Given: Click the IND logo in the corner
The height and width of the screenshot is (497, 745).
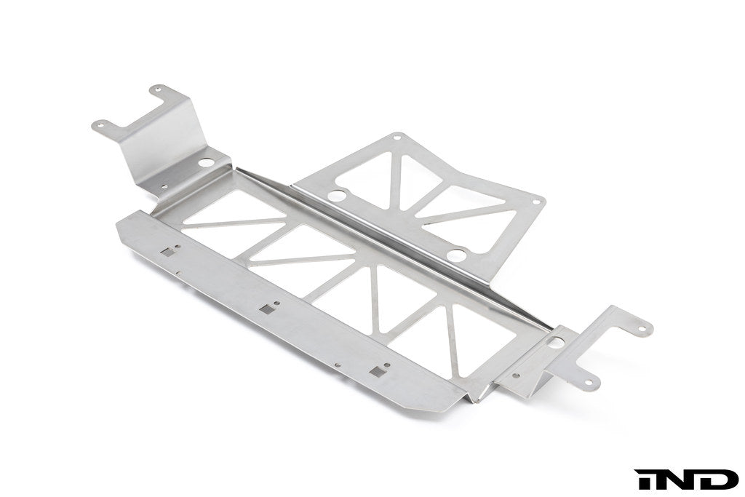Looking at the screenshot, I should [686, 480].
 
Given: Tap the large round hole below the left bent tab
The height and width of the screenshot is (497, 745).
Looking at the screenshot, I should [206, 162].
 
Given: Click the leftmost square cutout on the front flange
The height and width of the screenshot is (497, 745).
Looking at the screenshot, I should [169, 253].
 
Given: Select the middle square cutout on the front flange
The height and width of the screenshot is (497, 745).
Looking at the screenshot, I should [269, 309].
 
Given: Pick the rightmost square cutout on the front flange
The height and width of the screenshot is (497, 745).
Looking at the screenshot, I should [376, 371].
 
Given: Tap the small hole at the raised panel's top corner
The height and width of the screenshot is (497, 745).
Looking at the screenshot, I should [397, 137].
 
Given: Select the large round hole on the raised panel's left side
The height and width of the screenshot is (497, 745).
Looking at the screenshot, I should [336, 196].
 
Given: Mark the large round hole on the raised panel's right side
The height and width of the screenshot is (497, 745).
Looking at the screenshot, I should [456, 255].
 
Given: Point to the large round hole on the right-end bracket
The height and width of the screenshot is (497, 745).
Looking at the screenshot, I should [557, 341].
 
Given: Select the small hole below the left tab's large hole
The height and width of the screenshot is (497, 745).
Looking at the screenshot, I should [165, 187].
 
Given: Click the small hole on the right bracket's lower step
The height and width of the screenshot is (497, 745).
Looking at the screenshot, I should [516, 376].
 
